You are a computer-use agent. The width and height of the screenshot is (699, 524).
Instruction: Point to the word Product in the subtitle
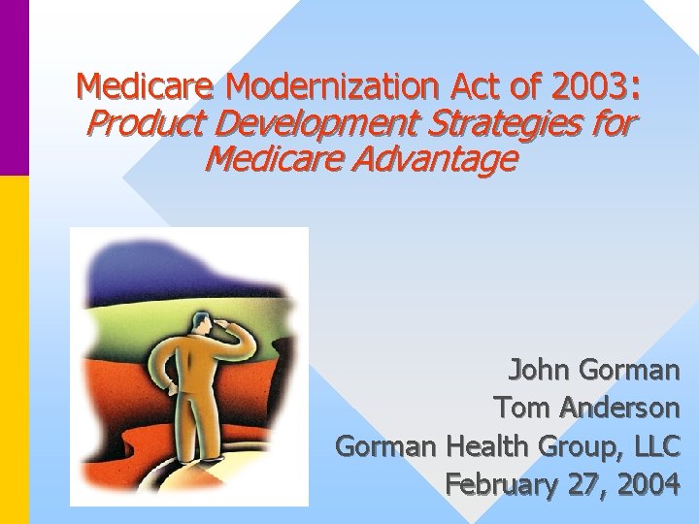click(141, 124)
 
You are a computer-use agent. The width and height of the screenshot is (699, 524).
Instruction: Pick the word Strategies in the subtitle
click(511, 124)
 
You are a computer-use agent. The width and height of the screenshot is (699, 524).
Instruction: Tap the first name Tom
click(520, 407)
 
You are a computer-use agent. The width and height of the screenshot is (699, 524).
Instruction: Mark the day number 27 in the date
click(586, 483)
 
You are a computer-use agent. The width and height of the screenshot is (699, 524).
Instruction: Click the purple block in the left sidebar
click(15, 87)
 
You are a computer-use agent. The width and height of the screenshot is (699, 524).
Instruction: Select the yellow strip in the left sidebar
click(15, 349)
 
